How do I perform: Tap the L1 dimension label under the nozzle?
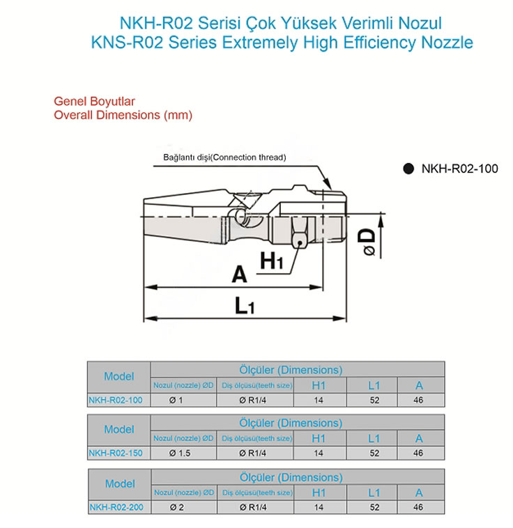pos(243,305)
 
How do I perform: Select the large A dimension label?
pos(239,274)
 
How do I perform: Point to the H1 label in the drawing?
pos(271,261)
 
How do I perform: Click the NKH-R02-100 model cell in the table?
pos(116,400)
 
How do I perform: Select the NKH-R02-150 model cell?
pos(116,453)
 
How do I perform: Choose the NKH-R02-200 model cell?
pos(116,507)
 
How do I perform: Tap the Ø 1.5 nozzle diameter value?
pos(181,453)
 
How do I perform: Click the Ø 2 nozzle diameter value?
pos(177,507)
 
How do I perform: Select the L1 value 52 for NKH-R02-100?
pos(374,400)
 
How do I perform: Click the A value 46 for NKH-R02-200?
pos(418,507)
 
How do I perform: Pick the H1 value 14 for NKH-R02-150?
pos(319,453)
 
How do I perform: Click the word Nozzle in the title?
pos(445,42)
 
